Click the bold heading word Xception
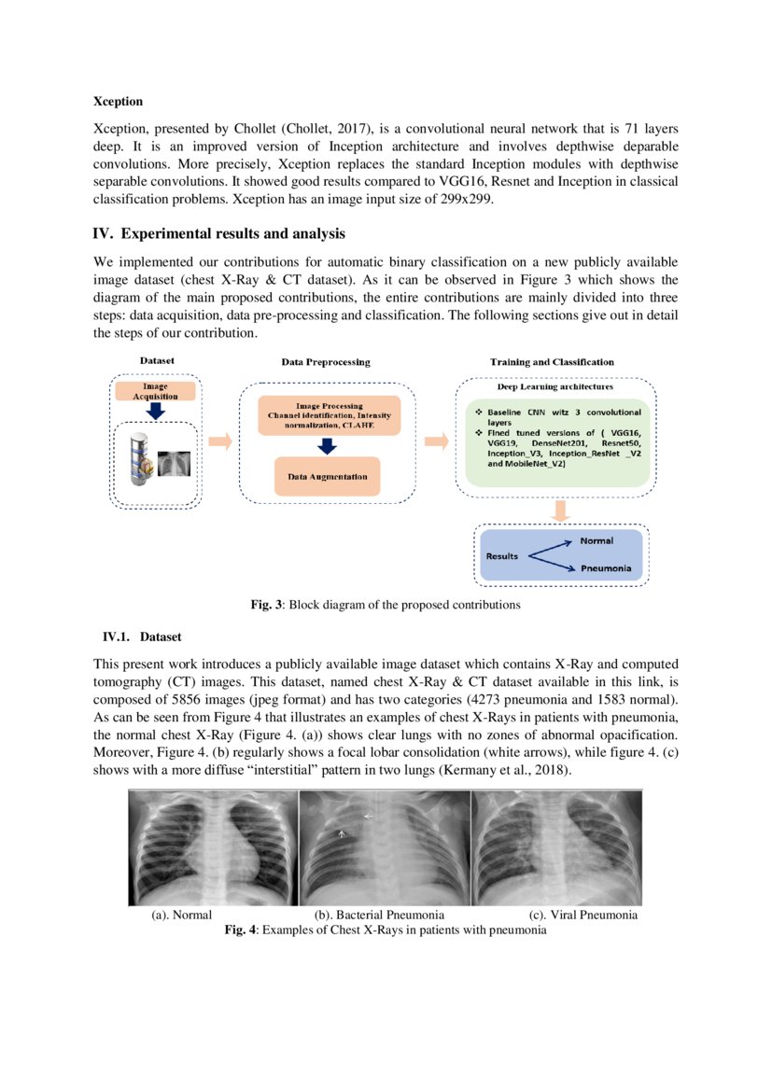coord(118,100)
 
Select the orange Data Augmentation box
coord(327,477)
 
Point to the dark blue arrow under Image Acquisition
coord(156,411)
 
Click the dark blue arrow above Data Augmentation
coord(327,445)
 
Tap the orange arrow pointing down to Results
coord(561,511)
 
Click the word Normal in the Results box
coord(597,541)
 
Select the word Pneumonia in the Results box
coord(605,568)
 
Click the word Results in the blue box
coord(501,556)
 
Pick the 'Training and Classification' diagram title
coord(552,362)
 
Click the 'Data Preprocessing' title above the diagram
coord(326,362)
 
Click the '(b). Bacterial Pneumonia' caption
coord(379,916)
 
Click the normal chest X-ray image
coord(212,847)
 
